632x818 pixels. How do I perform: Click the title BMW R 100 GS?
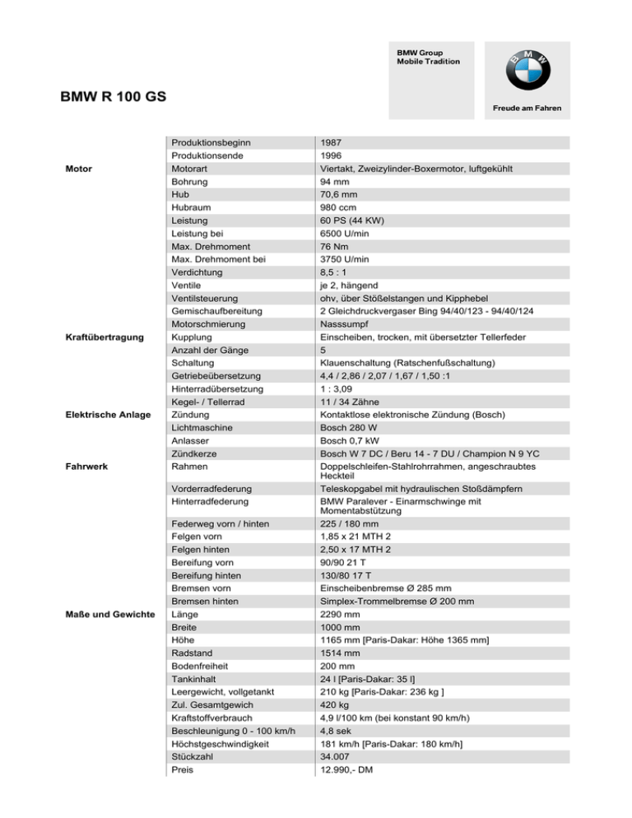point(114,96)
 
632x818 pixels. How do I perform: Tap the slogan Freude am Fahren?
point(527,109)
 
